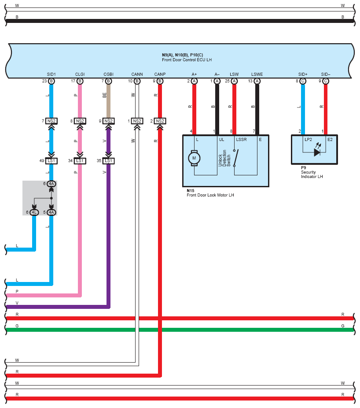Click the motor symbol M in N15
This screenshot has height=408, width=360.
[194, 158]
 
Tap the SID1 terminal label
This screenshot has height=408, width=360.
[51, 74]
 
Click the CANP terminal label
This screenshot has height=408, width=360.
[160, 74]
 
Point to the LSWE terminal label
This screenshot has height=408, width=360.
[257, 74]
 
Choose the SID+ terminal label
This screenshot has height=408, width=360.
[303, 74]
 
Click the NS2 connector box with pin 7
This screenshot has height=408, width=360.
[51, 121]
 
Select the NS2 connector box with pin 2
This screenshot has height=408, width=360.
[160, 121]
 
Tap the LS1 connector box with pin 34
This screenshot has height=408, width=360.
[80, 161]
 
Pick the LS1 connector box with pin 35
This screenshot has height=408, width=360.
[108, 161]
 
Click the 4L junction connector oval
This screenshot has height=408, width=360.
[34, 212]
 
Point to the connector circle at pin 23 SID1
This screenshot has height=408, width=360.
[51, 81]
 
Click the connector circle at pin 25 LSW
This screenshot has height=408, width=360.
[234, 81]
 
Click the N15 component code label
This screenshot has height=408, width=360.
[190, 191]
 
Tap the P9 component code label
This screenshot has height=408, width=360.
[303, 168]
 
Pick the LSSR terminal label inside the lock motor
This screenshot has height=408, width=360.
[241, 140]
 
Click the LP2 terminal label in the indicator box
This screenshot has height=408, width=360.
[308, 140]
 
